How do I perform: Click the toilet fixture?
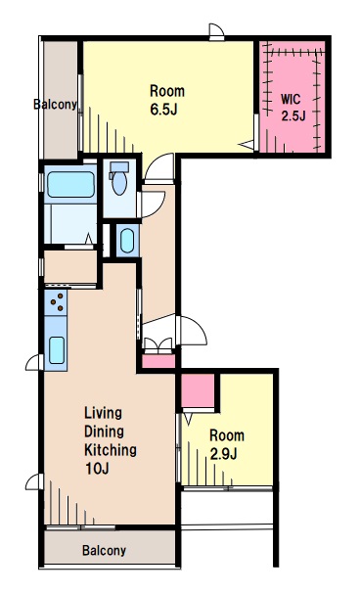click(x=119, y=178)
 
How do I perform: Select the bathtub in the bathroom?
click(x=70, y=185)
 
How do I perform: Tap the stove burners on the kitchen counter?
click(x=56, y=302)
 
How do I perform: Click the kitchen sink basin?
click(x=57, y=350)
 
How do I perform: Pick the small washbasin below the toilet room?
click(x=127, y=241)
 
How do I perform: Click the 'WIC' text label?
click(x=291, y=100)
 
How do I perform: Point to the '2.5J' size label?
click(x=293, y=115)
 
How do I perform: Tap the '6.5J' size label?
click(x=163, y=110)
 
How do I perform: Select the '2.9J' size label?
click(x=223, y=454)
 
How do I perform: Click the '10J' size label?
click(x=97, y=469)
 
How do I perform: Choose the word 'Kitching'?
click(x=111, y=450)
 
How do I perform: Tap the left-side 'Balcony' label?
click(x=55, y=104)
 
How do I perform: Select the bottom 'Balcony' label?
click(x=104, y=550)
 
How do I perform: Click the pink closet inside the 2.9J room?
click(x=198, y=391)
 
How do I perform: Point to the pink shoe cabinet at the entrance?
click(x=158, y=361)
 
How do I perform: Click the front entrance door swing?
click(x=192, y=331)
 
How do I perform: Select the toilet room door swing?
click(x=152, y=205)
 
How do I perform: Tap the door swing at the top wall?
click(x=216, y=31)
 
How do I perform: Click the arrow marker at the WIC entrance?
click(x=247, y=145)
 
